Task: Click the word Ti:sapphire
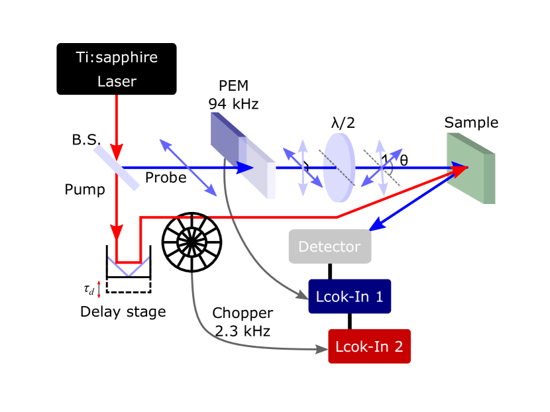(x=117, y=58)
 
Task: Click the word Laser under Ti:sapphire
(x=117, y=81)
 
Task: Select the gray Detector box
(x=330, y=246)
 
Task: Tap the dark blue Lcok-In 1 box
(x=350, y=296)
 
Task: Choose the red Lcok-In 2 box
(x=370, y=346)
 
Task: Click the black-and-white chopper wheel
(x=192, y=242)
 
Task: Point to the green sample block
(x=470, y=168)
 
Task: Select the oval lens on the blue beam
(x=339, y=168)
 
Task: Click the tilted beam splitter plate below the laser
(x=117, y=168)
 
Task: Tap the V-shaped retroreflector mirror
(x=127, y=266)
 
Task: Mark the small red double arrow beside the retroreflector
(x=99, y=289)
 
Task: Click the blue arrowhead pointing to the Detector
(x=375, y=226)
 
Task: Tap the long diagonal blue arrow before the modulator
(x=188, y=168)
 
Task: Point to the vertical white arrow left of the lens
(x=303, y=168)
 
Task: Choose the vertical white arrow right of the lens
(x=381, y=168)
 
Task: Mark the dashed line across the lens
(x=339, y=168)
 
